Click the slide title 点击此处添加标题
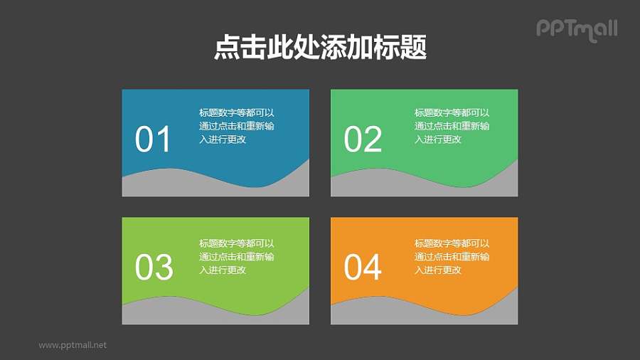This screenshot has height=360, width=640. point(320,48)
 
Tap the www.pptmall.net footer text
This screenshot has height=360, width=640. point(73,345)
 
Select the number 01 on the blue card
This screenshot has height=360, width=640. point(153,140)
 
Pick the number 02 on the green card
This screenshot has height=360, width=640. point(363,140)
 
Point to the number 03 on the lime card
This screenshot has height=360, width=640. point(154,268)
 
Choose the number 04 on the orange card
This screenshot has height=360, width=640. point(363,268)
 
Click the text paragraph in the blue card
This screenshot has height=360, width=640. point(237,126)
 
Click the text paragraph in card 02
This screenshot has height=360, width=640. point(452,126)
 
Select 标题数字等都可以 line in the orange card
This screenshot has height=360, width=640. point(452,243)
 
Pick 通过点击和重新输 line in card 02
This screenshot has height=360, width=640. point(452,126)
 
